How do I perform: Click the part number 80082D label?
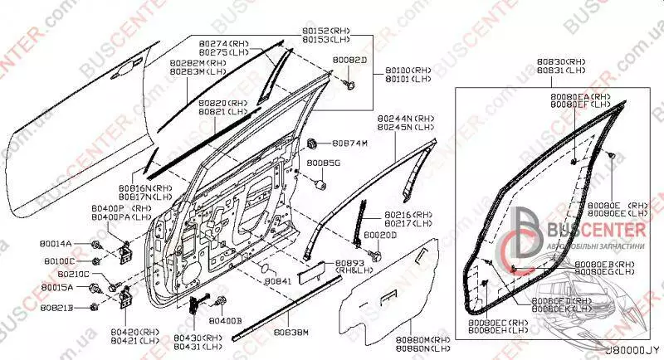point(349,60)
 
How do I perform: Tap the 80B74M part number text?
point(350,142)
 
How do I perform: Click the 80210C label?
point(76,275)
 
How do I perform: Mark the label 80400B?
point(225,319)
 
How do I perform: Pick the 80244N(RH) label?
point(403,118)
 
